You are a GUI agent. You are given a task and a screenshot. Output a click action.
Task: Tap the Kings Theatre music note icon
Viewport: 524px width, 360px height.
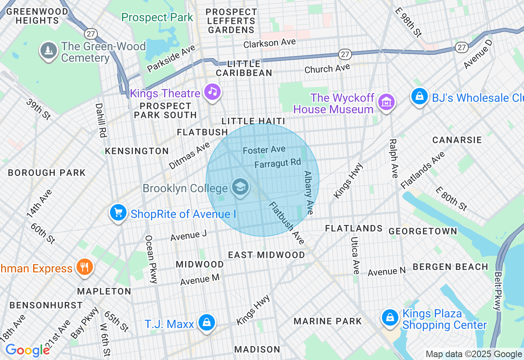[x=212, y=92]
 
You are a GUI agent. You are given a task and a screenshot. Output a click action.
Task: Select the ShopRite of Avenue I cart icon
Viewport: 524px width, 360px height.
[x=118, y=212]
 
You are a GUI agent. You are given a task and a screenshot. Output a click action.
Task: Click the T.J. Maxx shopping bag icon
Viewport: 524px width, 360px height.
[x=207, y=322]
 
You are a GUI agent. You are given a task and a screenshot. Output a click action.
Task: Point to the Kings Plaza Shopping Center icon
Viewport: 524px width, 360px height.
[x=390, y=317]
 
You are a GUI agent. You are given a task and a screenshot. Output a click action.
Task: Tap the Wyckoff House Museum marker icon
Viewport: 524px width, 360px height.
[x=386, y=101]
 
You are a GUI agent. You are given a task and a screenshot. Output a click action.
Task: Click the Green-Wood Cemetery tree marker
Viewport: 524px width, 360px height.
[x=49, y=50]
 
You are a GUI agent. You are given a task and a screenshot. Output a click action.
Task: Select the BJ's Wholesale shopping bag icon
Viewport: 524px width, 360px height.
[x=420, y=97]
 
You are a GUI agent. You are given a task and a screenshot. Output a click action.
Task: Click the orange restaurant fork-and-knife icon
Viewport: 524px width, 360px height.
[x=84, y=267]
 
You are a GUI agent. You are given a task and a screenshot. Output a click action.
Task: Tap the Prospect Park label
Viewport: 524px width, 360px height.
[x=157, y=18]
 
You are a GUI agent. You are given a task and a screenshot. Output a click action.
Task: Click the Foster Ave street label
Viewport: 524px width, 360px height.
[x=264, y=150]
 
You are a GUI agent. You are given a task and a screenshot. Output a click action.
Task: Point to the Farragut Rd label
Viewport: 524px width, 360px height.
[x=278, y=163]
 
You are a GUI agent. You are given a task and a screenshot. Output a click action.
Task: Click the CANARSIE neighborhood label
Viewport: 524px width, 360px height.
[x=457, y=140]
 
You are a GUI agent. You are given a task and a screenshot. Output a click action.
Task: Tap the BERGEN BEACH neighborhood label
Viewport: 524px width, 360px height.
[x=450, y=267]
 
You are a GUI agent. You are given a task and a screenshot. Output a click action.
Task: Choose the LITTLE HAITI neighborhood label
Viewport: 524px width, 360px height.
[x=253, y=121]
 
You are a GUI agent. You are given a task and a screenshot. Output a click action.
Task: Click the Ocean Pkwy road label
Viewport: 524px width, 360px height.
[x=151, y=259]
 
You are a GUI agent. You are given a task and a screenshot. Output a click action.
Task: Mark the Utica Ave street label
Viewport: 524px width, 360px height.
[x=355, y=256]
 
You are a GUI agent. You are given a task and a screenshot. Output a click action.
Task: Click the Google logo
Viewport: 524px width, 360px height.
[x=27, y=351]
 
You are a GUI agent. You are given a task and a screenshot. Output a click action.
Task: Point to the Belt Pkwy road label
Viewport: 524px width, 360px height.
[x=498, y=292]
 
